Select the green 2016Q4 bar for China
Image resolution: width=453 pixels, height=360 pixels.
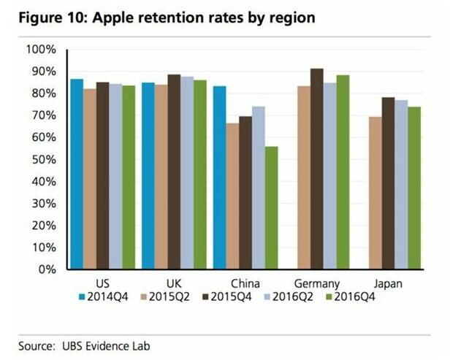(271, 207)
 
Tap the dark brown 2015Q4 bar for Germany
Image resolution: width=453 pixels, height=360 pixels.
(317, 169)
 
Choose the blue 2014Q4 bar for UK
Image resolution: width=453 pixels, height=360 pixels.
(148, 175)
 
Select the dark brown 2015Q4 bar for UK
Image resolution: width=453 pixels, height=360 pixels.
(174, 172)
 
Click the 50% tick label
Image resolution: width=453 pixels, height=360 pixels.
(43, 159)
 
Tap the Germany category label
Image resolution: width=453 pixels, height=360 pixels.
(317, 283)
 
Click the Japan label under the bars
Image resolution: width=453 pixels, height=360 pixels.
(387, 283)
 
